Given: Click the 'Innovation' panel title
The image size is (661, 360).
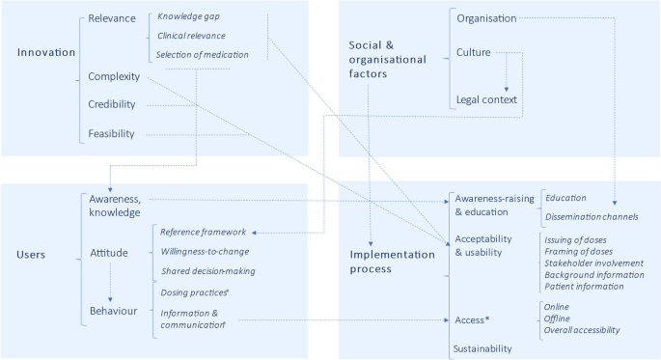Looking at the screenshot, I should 46,51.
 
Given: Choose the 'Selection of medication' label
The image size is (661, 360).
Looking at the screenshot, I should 202,54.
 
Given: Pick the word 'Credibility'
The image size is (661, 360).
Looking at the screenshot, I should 112,104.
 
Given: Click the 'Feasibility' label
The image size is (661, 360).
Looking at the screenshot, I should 111,133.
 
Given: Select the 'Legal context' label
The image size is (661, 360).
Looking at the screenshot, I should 486,99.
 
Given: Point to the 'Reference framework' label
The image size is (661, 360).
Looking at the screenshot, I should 203,233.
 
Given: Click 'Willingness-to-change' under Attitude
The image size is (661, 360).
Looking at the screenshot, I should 207,252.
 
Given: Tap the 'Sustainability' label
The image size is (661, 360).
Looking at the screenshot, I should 482,348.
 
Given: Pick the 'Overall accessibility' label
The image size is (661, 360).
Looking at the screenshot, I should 582,330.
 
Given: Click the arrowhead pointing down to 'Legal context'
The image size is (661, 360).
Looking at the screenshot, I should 507,88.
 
